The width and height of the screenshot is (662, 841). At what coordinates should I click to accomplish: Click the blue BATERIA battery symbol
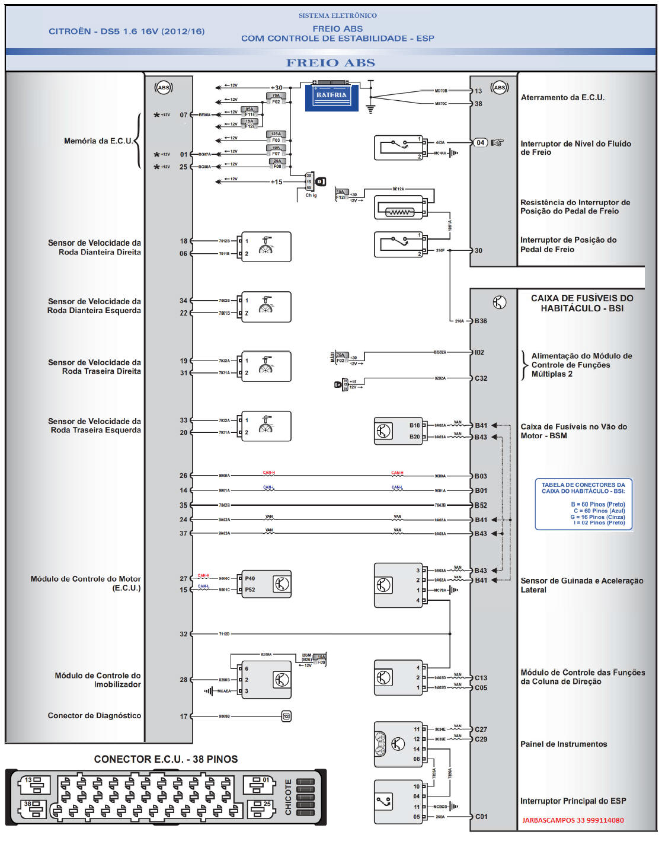pos(331,96)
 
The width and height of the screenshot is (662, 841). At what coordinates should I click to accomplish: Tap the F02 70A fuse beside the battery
pos(276,98)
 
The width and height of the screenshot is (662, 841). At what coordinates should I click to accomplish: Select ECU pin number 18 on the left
pos(184,241)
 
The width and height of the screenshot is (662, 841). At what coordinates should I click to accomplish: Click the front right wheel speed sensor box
pos(266,247)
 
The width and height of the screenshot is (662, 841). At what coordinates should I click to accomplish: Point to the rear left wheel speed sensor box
pos(266,426)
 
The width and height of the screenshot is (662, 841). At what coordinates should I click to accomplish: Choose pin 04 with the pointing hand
pos(481,142)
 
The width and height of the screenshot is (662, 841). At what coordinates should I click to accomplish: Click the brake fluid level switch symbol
pos(398,148)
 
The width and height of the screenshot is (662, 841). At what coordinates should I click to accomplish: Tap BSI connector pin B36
pos(481,321)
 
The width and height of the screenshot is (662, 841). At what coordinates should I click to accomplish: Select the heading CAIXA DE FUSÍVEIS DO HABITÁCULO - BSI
pos(581,303)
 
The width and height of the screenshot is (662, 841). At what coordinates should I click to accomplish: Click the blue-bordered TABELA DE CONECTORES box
pos(583,504)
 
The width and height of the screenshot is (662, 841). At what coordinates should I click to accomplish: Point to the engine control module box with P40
pos(266,584)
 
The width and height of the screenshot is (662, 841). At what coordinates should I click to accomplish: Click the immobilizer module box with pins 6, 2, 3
pos(266,680)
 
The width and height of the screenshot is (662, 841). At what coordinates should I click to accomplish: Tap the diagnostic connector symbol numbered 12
pos(286,716)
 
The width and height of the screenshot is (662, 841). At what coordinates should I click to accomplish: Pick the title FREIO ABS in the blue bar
pos(331,63)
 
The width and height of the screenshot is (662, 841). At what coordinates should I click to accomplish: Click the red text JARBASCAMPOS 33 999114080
pos(573,820)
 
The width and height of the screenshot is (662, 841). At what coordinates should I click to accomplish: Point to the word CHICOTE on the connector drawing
pos(289,797)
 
